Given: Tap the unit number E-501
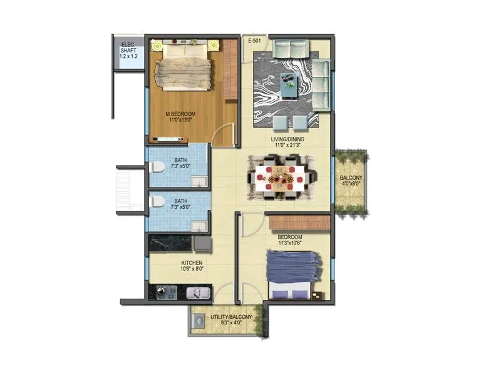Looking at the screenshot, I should (x=255, y=41).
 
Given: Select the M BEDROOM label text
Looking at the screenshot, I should (x=180, y=114).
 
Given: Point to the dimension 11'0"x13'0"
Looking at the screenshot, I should (x=180, y=120).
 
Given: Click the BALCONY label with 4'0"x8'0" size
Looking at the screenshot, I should (x=350, y=178).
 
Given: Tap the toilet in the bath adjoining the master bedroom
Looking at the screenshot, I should (x=158, y=166).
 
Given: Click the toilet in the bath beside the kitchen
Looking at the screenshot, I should (x=158, y=202).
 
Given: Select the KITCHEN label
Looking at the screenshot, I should (x=192, y=263).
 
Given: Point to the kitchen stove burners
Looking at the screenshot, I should (x=167, y=291).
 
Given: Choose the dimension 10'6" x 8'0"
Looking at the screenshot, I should (x=192, y=269).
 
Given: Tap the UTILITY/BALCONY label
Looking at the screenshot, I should (x=231, y=317).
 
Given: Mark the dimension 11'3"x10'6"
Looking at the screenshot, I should (x=290, y=243).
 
